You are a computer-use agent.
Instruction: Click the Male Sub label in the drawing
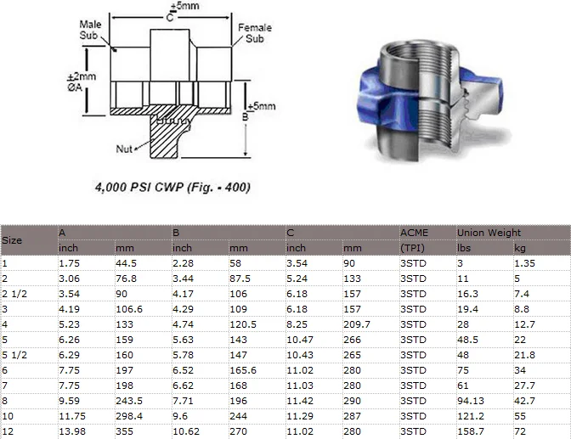click(90, 30)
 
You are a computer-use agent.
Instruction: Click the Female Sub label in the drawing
click(255, 33)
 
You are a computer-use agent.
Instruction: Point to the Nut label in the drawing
click(125, 149)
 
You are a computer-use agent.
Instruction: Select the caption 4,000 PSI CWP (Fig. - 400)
click(172, 185)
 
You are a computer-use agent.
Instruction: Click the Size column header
click(12, 239)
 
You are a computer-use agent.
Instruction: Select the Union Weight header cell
click(489, 232)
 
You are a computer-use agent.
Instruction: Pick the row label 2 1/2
click(14, 293)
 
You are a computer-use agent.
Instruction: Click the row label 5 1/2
click(14, 354)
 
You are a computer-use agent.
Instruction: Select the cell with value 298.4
click(130, 415)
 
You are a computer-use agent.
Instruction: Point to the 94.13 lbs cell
click(471, 400)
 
